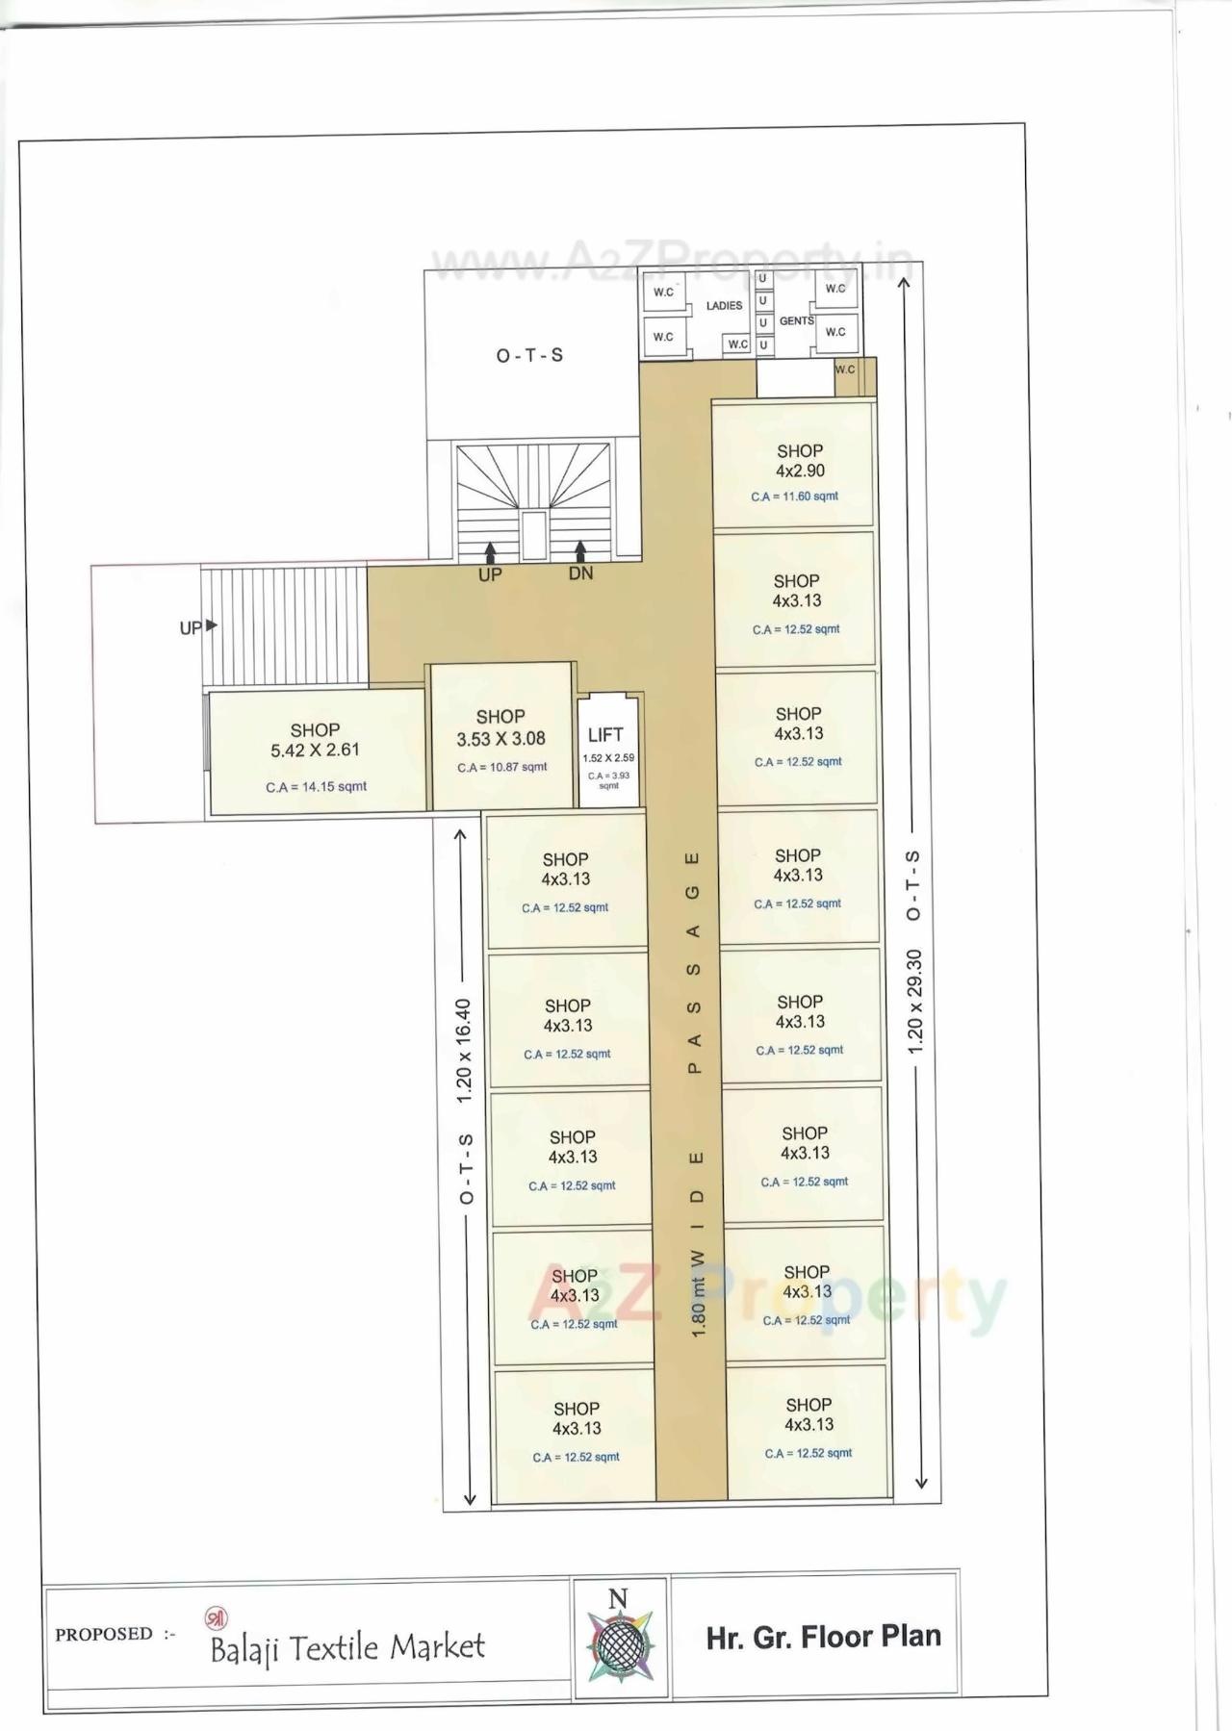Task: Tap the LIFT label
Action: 605,735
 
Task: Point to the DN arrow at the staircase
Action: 580,550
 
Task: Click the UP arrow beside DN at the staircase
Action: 491,551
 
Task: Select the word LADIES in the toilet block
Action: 724,306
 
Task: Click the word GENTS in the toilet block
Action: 796,320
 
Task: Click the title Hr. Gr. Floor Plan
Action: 823,1637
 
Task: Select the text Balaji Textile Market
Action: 346,1648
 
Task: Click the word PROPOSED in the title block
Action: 104,1634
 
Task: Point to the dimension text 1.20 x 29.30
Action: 914,1001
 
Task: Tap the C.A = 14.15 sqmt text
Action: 316,787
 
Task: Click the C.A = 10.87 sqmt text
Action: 501,768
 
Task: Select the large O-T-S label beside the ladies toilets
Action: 529,356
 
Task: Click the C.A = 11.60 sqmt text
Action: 794,496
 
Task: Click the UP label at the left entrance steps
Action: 192,627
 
